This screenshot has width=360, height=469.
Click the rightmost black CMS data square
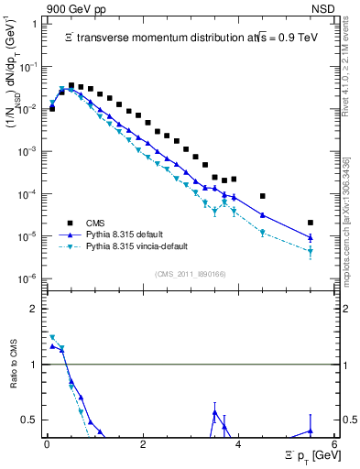point(311,223)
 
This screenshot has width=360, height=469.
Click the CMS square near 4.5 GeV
point(263,196)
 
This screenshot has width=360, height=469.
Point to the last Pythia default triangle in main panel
point(311,237)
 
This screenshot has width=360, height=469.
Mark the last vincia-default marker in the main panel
point(311,251)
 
